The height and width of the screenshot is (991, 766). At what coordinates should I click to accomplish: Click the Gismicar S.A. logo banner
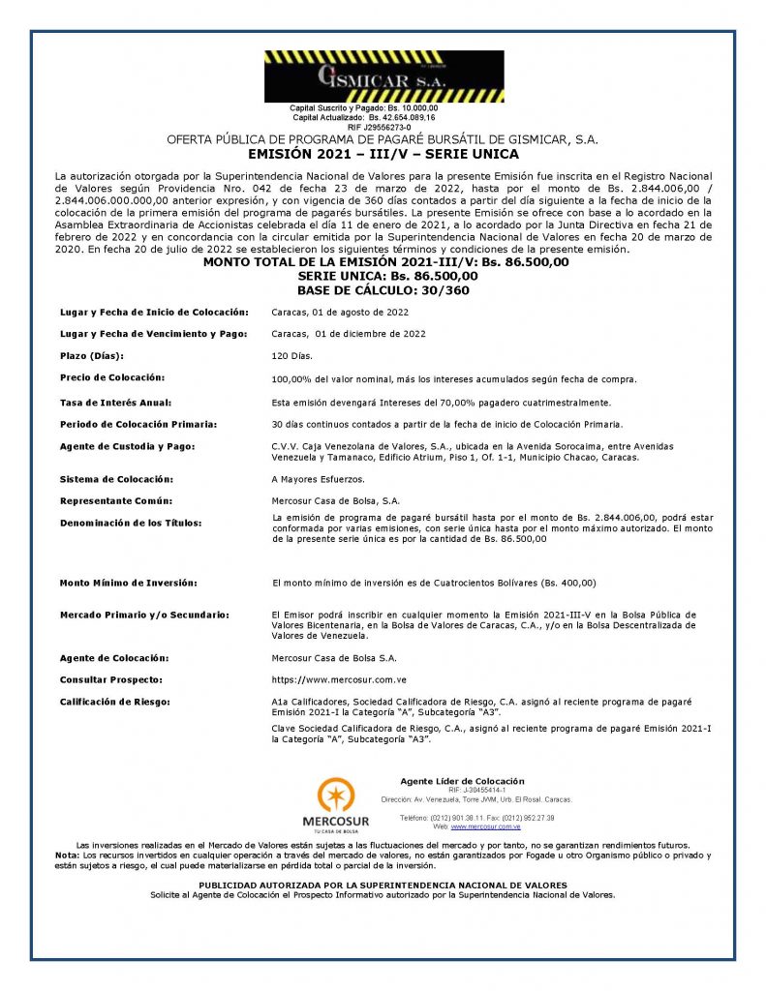tap(383, 76)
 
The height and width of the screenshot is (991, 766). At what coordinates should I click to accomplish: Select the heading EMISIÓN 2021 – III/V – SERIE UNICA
tap(383, 154)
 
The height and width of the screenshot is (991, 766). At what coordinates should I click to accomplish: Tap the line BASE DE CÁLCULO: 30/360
tap(383, 289)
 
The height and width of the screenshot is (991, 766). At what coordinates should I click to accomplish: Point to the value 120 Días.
tap(292, 356)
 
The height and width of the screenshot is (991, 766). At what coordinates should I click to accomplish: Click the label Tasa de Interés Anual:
tap(115, 402)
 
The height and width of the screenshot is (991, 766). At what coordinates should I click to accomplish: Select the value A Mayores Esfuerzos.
tap(318, 479)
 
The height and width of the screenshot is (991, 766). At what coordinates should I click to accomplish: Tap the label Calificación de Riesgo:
tap(115, 701)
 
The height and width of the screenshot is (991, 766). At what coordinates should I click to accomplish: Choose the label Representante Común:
tap(115, 501)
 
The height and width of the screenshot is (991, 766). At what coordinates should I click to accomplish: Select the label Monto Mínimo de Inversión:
tap(129, 583)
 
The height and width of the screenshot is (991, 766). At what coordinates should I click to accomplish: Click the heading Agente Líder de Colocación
tap(462, 781)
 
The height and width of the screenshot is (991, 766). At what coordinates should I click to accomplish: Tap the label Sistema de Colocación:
tap(116, 479)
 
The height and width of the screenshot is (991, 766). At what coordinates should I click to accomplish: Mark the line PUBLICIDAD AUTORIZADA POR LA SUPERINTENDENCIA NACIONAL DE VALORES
tap(383, 886)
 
